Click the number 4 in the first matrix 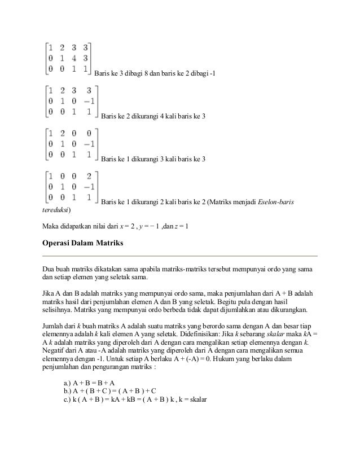74,58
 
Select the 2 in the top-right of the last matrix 89,176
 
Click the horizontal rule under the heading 180,256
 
